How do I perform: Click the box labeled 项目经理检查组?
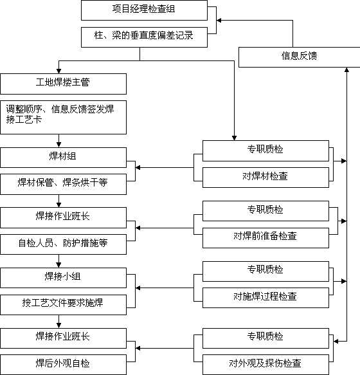tap(144, 10)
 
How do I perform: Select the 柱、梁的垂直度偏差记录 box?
tap(144, 37)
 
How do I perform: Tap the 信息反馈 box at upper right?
tap(300, 57)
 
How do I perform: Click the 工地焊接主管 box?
tap(64, 84)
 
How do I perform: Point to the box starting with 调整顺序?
tap(64, 117)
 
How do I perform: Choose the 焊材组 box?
tap(64, 158)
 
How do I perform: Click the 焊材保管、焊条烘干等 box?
tap(64, 184)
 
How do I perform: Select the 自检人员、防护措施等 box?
tap(64, 244)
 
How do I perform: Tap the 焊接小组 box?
tap(64, 278)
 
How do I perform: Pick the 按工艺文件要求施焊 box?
tap(64, 305)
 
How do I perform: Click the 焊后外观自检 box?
tap(64, 365)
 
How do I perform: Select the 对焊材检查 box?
tap(265, 178)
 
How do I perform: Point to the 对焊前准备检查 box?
tap(265, 238)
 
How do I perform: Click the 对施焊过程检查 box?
tap(265, 298)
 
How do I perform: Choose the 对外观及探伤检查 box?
tap(265, 365)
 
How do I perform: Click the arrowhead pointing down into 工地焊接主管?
tap(59, 71)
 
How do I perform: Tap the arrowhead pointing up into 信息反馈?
tap(346, 70)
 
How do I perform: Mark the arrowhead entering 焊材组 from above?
tap(59, 145)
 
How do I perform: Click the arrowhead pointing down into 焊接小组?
tap(59, 265)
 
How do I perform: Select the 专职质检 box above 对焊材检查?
tap(265, 151)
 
